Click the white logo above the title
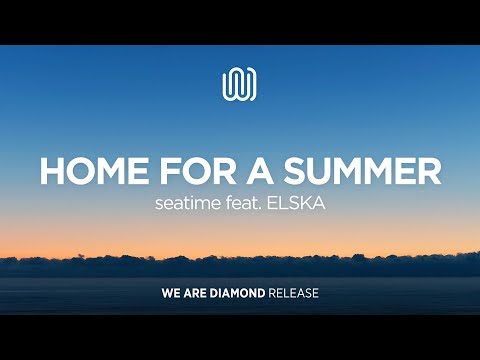coord(239,83)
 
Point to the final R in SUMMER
coord(430,171)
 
